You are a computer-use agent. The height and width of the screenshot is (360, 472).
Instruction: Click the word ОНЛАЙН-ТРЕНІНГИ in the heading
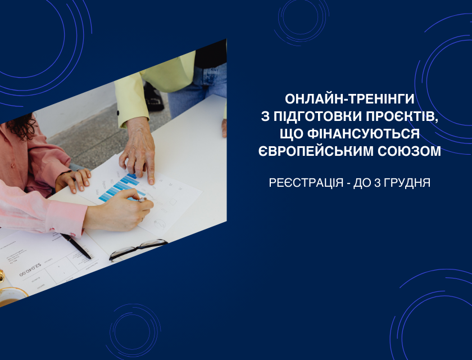[x=350, y=99]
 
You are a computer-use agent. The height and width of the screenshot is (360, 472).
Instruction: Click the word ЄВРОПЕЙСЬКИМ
[x=316, y=151]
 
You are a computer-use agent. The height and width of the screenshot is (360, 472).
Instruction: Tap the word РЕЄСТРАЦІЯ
[x=306, y=183]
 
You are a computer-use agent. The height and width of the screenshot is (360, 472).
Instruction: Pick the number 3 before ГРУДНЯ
[x=378, y=183]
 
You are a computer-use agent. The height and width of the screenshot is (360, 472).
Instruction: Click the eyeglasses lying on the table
[x=138, y=249]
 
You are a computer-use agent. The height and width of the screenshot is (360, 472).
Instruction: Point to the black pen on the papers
[x=76, y=246]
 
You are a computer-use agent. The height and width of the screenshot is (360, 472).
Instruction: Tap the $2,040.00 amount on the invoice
[x=30, y=269]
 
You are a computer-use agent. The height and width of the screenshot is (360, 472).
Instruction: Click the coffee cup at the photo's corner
[x=11, y=296]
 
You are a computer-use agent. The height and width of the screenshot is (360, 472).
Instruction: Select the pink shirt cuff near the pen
[x=66, y=218]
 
